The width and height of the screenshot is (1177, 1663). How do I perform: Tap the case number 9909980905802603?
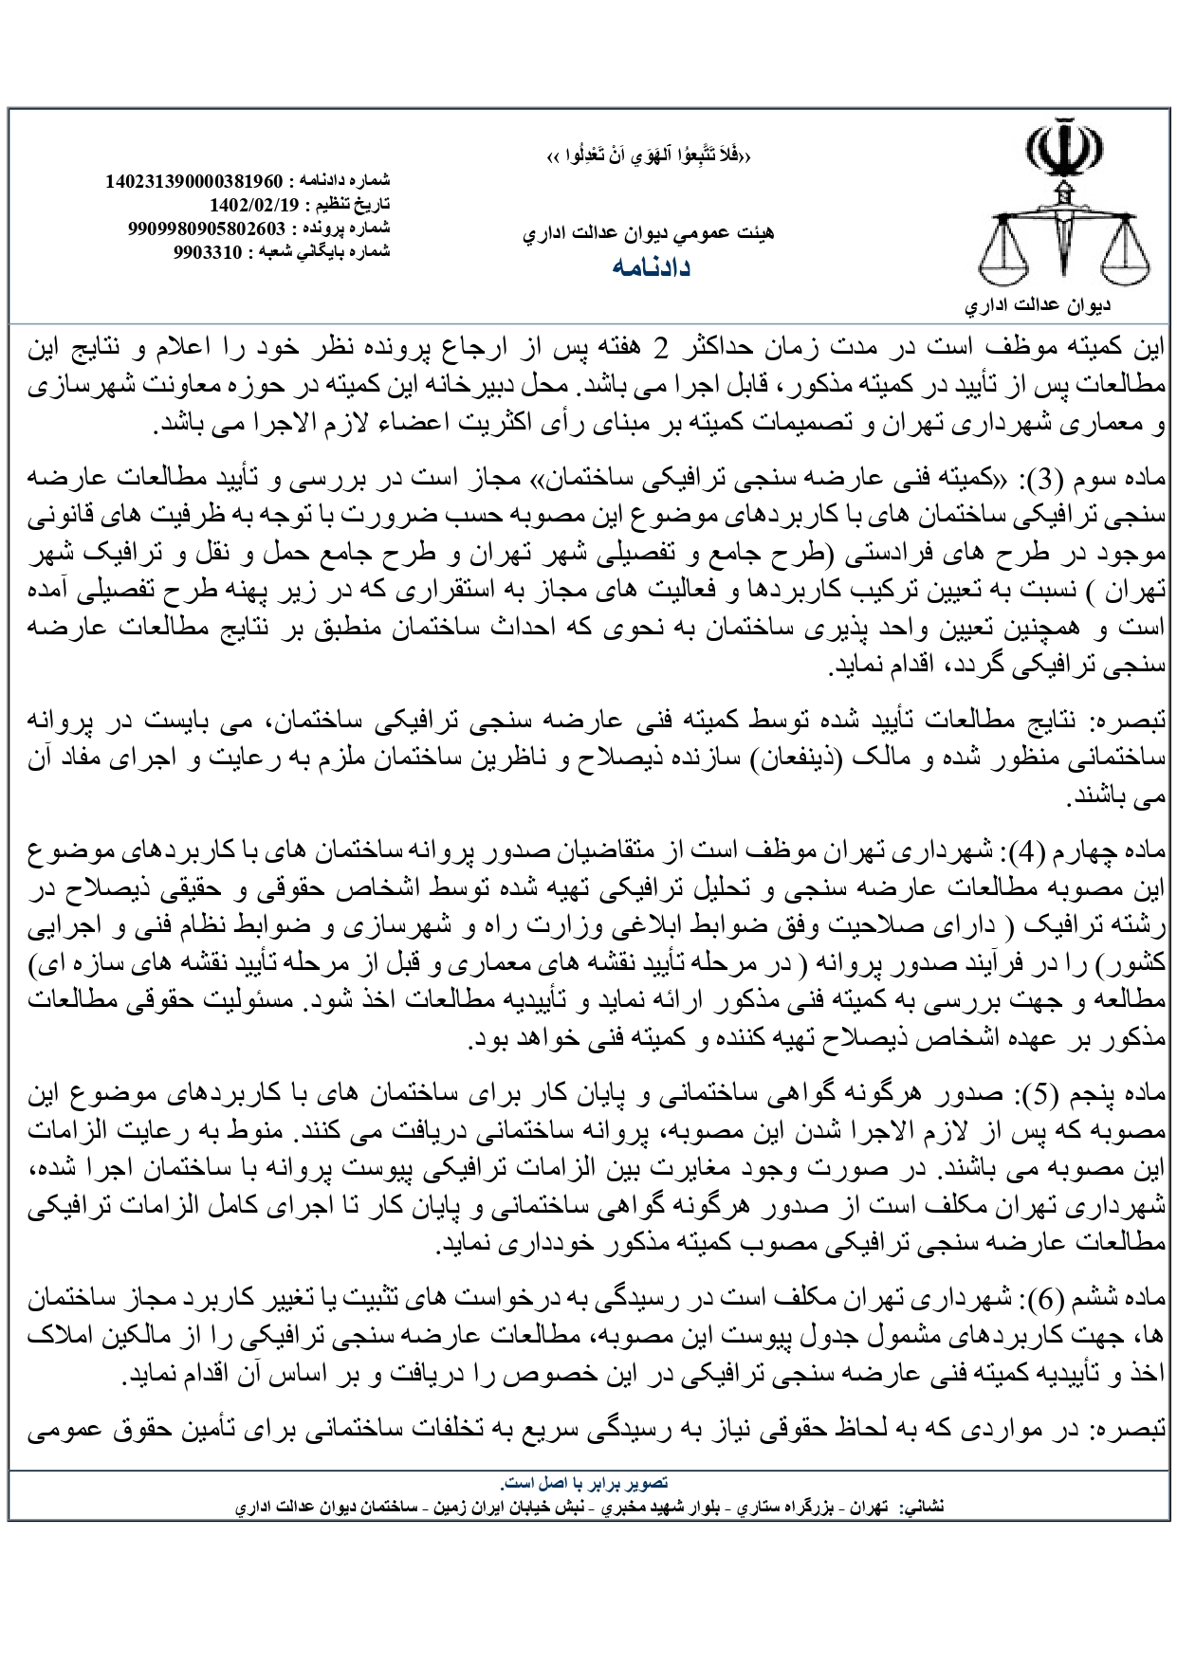(x=206, y=228)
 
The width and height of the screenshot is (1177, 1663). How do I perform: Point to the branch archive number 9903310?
(x=208, y=252)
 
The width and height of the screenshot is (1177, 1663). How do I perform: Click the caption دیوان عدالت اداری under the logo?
(x=1064, y=307)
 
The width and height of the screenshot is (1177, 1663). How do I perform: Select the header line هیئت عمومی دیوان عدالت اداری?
(x=649, y=233)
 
